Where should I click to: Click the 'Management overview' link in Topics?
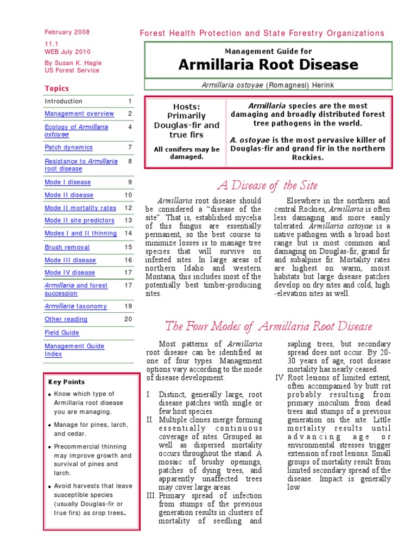coord(79,114)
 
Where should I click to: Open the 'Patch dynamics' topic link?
coord(68,148)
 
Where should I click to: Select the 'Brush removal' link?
coord(67,248)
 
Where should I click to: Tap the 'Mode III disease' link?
coord(70,261)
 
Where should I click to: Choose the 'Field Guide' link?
coord(62,333)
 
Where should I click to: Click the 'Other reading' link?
coord(66,320)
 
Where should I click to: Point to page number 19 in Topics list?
coord(128,307)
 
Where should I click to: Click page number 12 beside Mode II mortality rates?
coord(128,208)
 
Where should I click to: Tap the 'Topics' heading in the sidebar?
coord(56,89)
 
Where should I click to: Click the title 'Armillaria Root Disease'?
coord(268,65)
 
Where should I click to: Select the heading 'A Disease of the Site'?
coord(267,186)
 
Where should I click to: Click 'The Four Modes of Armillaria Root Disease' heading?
coord(269,326)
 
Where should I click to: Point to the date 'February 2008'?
coord(67,33)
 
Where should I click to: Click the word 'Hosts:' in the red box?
coord(186,106)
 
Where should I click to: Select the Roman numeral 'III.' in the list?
coord(150,496)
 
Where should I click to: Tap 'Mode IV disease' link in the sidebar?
coord(69,273)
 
